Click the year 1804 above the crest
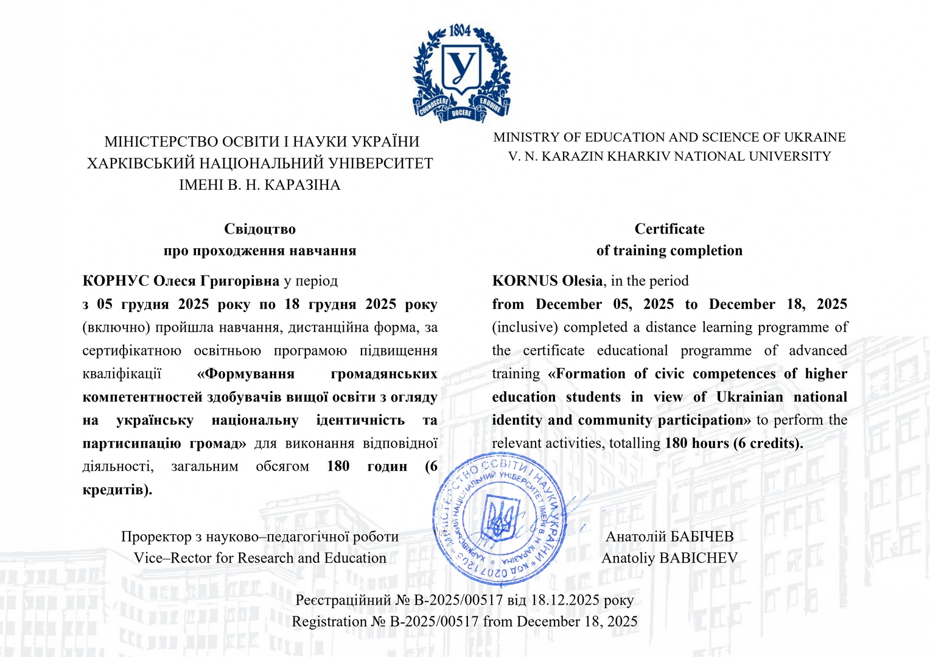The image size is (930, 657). pos(460,30)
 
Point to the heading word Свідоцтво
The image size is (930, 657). pos(260,229)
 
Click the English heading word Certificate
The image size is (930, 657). pos(670,229)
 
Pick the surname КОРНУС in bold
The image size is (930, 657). pos(116,281)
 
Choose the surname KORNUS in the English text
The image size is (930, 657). pos(525,281)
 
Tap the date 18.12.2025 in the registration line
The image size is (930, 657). pos(565,600)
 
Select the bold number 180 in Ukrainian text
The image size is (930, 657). pos(338,467)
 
